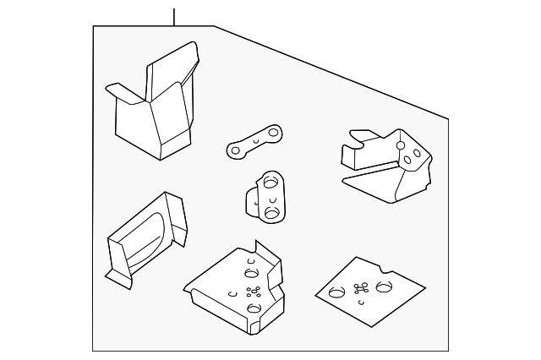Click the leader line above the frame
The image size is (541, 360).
174,16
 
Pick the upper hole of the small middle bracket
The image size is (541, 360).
271,180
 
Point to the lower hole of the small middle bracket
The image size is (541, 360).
271,212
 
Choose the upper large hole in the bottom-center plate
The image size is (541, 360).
250,272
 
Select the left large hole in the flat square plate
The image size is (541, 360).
336,293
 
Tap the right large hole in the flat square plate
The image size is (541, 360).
384,287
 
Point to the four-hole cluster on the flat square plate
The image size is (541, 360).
362,288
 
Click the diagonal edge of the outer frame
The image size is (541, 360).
330,71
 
